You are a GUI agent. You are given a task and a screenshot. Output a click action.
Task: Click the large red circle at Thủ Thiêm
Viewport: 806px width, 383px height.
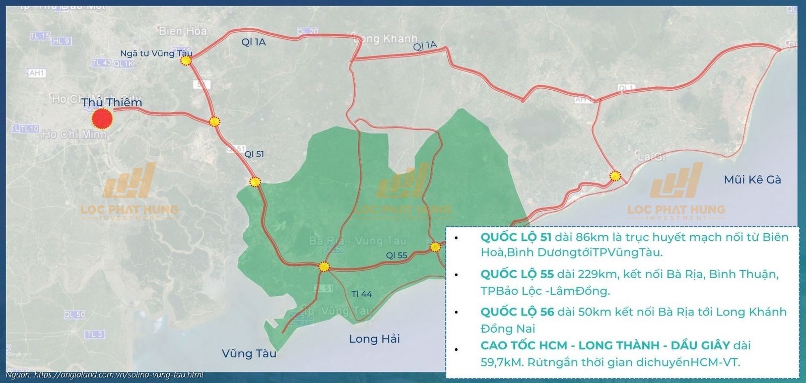102,119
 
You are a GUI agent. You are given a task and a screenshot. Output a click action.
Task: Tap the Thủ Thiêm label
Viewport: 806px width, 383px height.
112,102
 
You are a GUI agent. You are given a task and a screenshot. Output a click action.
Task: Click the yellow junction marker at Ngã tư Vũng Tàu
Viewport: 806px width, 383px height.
186,61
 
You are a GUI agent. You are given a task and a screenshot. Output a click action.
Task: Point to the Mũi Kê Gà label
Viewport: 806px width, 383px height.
752,179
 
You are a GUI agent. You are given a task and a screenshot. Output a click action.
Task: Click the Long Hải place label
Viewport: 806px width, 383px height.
374,339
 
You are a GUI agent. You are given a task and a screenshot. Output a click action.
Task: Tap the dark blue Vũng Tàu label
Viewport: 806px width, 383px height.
249,353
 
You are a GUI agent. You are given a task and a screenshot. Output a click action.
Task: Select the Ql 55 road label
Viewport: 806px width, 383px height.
396,256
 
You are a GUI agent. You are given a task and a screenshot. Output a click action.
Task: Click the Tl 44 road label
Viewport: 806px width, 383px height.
361,293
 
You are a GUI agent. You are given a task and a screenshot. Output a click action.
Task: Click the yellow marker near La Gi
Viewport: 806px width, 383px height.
615,176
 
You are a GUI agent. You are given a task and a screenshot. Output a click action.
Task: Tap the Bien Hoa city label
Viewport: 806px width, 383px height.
182,31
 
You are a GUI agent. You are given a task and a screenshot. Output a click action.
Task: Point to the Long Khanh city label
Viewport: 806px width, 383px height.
385,39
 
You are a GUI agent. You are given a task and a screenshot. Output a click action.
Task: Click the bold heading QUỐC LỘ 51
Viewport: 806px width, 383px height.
516,237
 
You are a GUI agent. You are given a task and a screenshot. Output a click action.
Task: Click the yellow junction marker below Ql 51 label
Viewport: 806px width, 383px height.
255,181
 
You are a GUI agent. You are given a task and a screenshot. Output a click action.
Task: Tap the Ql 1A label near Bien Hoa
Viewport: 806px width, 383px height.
253,42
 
